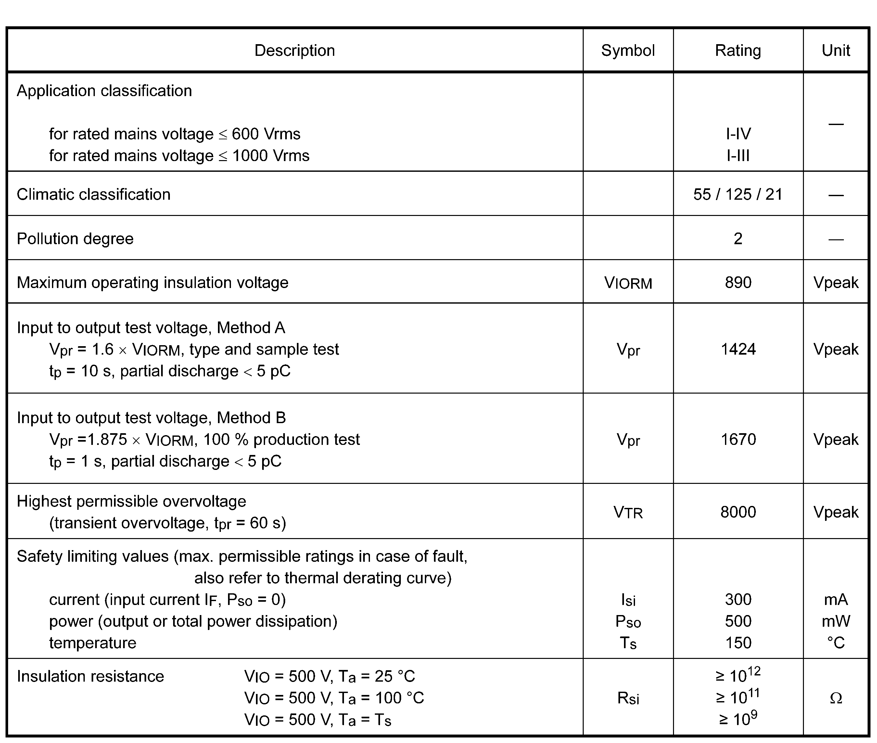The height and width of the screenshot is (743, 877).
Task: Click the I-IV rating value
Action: pyautogui.click(x=738, y=134)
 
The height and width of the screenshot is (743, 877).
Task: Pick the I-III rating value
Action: pyautogui.click(x=738, y=156)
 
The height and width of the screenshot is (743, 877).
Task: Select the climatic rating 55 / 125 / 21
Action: pyautogui.click(x=738, y=195)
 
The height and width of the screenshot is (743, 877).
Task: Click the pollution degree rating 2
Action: pyautogui.click(x=738, y=239)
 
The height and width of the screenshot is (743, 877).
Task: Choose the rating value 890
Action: pyautogui.click(x=738, y=283)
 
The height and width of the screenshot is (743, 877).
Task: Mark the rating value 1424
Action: pyautogui.click(x=738, y=349)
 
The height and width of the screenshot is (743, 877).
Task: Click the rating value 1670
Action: pyautogui.click(x=738, y=439)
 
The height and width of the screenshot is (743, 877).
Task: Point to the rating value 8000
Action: pyautogui.click(x=738, y=512)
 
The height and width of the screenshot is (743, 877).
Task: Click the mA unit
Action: pyautogui.click(x=836, y=599)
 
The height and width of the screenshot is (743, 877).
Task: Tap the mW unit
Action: pyautogui.click(x=836, y=621)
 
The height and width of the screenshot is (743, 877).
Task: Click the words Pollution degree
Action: pyautogui.click(x=75, y=239)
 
